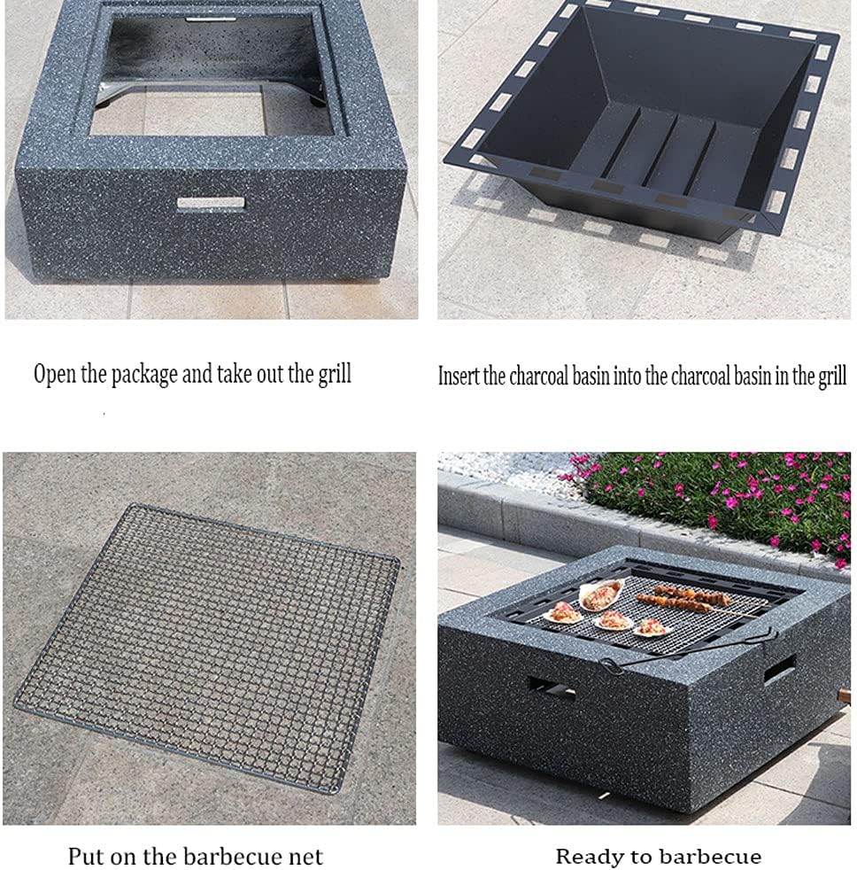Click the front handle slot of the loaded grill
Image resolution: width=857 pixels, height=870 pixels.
click(551, 687)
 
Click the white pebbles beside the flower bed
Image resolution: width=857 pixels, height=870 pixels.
click(505, 465)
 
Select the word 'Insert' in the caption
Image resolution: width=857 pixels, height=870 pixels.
click(459, 376)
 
